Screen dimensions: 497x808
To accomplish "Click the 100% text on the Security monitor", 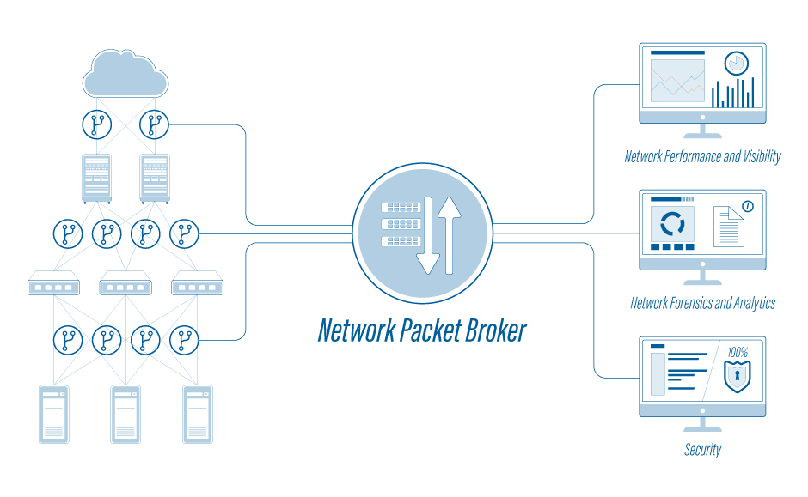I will (738, 353).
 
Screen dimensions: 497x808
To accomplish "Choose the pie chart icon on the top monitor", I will (736, 64).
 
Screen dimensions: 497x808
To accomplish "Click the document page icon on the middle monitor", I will (728, 227).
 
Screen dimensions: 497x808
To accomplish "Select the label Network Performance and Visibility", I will (702, 157).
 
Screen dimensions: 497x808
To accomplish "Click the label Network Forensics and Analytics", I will (702, 303).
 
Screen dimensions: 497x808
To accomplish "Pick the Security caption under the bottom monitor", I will (702, 450).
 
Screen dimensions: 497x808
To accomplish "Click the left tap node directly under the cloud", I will (96, 124).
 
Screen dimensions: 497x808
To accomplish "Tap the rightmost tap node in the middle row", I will (184, 233).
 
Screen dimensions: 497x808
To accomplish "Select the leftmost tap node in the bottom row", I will (68, 341).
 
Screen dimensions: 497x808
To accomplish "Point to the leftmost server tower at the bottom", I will (54, 414).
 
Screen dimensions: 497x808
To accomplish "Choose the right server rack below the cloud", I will (155, 178).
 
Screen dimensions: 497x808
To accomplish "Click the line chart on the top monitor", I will (677, 81).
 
